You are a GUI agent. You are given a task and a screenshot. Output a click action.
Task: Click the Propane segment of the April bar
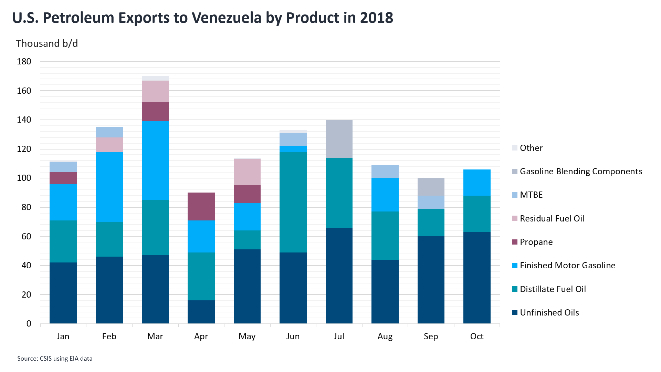(x=201, y=206)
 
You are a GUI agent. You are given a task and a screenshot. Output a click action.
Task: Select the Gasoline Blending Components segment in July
(x=339, y=139)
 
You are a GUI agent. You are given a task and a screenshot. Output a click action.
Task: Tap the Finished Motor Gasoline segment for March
(x=155, y=161)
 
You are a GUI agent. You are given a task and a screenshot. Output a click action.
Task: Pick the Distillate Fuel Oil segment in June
(x=293, y=202)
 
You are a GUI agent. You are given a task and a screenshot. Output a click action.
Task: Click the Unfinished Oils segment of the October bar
(x=477, y=278)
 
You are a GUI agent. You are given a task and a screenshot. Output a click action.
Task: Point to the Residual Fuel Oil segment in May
(x=247, y=172)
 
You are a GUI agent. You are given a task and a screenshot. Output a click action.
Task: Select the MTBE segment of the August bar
(x=385, y=172)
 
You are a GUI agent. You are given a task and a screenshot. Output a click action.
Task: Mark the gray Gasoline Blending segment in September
(x=431, y=187)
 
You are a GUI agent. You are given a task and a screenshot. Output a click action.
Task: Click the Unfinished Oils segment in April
(x=201, y=312)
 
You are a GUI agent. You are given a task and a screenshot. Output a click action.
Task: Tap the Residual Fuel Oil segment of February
(x=109, y=145)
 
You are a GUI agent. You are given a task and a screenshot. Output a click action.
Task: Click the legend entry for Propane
(x=536, y=242)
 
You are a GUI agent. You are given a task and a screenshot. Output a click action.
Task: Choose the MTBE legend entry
(x=531, y=195)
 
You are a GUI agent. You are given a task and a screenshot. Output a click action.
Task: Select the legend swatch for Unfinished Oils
(x=515, y=313)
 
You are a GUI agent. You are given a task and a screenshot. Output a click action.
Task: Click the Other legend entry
(x=531, y=148)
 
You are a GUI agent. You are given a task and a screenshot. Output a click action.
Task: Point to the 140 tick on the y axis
(x=24, y=120)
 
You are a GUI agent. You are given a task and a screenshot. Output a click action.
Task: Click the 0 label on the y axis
(x=29, y=324)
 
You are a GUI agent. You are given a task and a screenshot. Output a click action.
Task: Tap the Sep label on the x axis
(x=431, y=337)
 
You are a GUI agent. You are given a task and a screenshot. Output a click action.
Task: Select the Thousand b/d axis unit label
(x=47, y=44)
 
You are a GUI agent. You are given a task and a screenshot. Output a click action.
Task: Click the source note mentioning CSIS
(x=55, y=359)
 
